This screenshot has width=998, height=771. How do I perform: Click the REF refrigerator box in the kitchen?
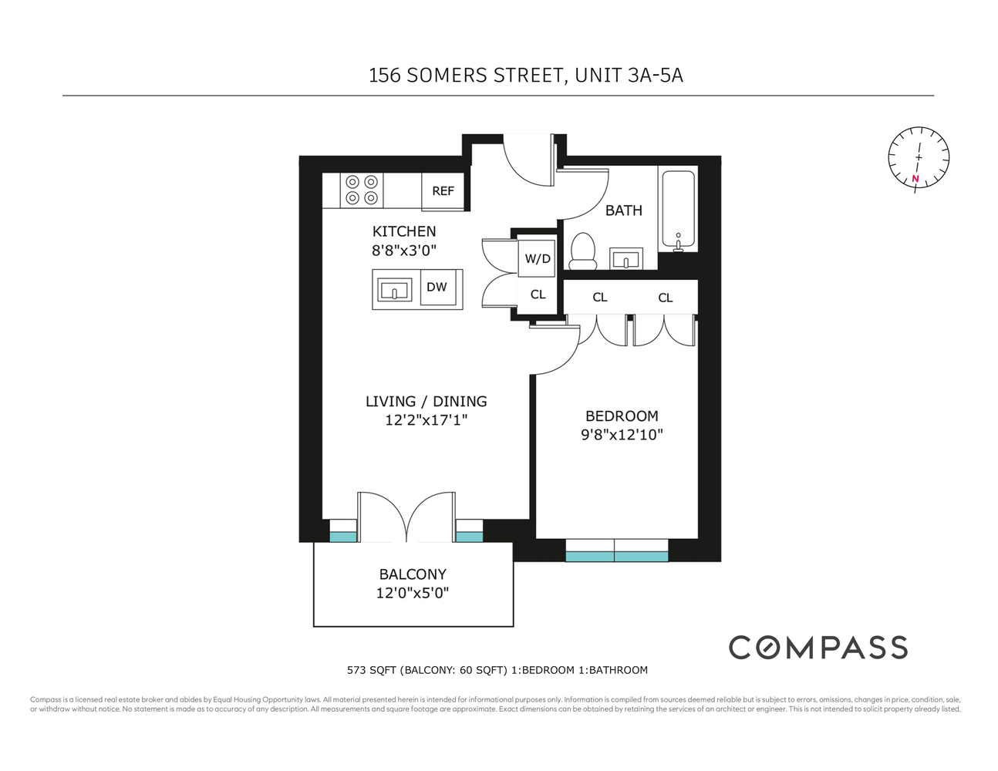click(443, 191)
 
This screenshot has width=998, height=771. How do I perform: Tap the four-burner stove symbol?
click(362, 190)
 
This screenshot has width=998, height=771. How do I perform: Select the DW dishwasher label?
click(437, 288)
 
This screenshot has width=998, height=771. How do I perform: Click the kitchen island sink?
click(395, 291)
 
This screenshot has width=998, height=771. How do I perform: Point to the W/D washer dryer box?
click(538, 258)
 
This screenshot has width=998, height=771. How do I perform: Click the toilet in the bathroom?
click(583, 251)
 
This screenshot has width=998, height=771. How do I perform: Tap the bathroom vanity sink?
click(626, 258)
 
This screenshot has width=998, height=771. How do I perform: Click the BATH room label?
click(623, 210)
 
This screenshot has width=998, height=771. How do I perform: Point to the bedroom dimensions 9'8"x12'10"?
click(622, 435)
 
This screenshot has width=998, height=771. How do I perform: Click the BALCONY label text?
click(413, 574)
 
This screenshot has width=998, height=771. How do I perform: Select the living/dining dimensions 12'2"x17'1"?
click(426, 420)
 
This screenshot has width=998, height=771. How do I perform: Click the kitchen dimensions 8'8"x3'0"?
click(404, 251)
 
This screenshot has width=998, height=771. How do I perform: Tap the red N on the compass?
click(915, 180)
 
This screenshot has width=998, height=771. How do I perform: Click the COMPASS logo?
click(818, 648)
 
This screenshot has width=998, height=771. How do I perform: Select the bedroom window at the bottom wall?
click(616, 550)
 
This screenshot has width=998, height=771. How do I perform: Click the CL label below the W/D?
click(538, 295)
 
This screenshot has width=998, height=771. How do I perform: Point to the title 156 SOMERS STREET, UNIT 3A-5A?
click(525, 76)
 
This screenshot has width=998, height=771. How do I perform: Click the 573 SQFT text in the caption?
click(371, 670)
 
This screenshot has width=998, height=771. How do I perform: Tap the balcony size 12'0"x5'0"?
click(413, 594)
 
